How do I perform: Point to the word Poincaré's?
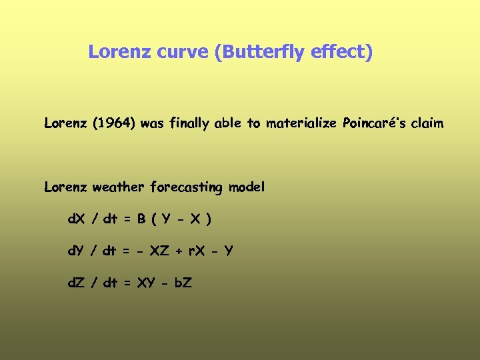(376, 123)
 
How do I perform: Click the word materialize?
(301, 123)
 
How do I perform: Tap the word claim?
(429, 123)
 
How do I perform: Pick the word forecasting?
(186, 187)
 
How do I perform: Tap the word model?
(247, 187)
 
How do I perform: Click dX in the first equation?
(76, 219)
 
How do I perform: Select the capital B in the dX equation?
(142, 219)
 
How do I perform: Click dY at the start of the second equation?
(76, 251)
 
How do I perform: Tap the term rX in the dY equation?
(196, 251)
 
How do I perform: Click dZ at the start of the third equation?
(76, 283)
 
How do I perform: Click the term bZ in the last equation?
(183, 283)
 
